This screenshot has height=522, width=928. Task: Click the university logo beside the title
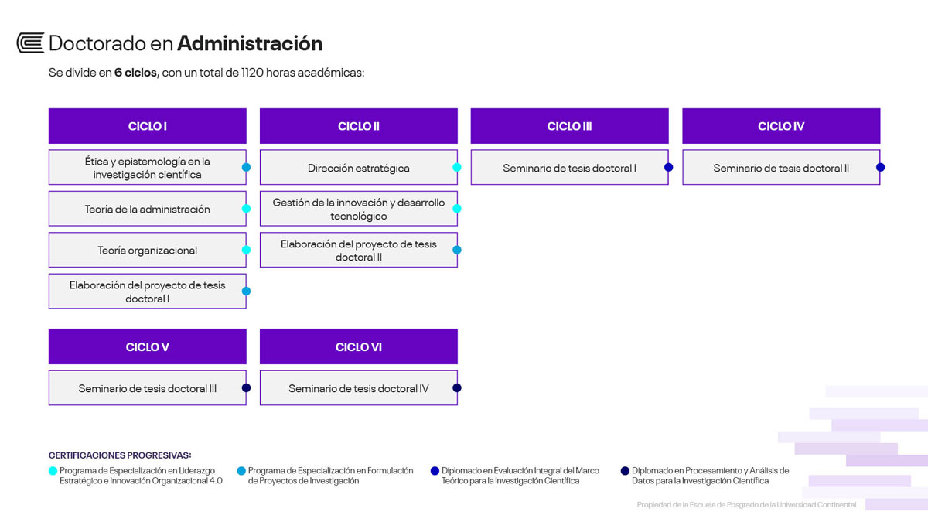pos(30,43)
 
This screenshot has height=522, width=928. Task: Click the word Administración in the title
pos(250,43)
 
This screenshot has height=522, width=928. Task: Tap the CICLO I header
pos(148,126)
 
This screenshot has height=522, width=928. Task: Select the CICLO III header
pos(570,126)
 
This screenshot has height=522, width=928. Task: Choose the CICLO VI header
pos(359,346)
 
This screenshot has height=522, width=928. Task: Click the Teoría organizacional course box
pos(148,250)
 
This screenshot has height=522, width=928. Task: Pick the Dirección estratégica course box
pos(359,167)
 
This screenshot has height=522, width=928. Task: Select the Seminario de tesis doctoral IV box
pos(359,387)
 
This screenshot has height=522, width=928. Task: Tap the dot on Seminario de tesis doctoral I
pos(669,167)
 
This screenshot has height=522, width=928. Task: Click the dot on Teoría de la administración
pos(246,208)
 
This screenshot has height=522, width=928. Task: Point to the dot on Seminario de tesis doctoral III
pos(246,387)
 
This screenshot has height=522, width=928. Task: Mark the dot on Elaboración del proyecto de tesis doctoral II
pos(457,250)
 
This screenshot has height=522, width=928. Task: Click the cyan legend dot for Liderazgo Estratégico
pos(53,471)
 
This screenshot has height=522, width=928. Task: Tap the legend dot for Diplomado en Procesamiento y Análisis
pos(625,471)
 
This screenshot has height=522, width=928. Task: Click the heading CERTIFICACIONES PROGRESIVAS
pos(120,455)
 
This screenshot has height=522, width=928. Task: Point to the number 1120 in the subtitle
pos(252,73)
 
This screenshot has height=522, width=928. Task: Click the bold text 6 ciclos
pos(135,73)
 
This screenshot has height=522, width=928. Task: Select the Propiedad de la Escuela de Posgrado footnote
pos(746,504)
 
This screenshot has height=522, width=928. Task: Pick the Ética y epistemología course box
pos(148,167)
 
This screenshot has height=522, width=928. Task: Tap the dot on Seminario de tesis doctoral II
pos(880,167)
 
